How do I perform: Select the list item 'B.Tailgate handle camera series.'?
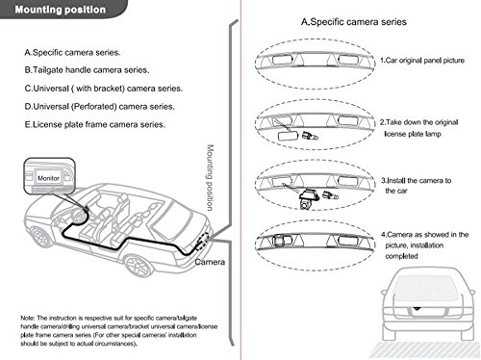click(x=87, y=70)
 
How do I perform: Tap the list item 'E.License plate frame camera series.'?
click(x=95, y=124)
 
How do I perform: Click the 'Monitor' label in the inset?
click(x=48, y=178)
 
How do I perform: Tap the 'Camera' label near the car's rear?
click(x=210, y=262)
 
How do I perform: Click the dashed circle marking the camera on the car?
click(x=202, y=242)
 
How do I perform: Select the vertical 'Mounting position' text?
click(x=210, y=177)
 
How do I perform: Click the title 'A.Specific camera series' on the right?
click(x=354, y=22)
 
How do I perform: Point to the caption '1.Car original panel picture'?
click(x=422, y=61)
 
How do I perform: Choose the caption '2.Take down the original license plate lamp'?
click(x=418, y=128)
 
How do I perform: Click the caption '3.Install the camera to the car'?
click(x=416, y=186)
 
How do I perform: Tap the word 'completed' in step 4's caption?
click(x=401, y=256)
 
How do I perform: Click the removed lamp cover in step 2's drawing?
click(x=288, y=136)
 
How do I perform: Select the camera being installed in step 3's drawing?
click(x=307, y=199)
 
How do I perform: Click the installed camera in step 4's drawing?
click(x=279, y=241)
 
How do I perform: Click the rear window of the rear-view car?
click(x=426, y=288)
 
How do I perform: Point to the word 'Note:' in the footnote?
click(x=28, y=318)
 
